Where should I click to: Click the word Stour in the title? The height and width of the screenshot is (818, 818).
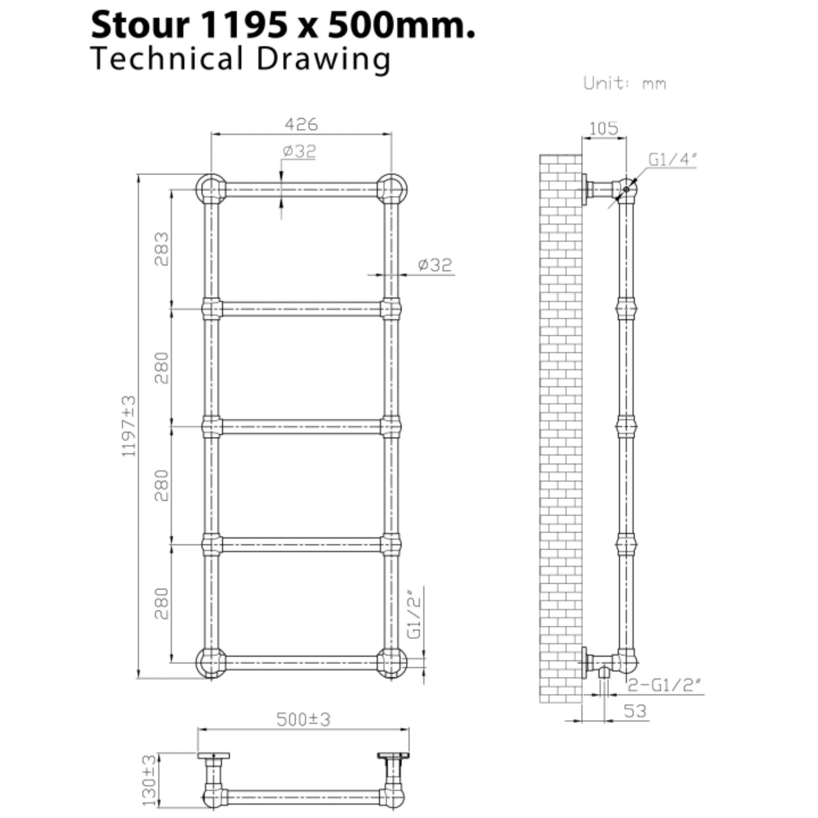click(140, 25)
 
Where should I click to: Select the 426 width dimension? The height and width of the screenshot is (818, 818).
click(301, 124)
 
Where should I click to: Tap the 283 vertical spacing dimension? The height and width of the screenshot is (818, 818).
click(162, 249)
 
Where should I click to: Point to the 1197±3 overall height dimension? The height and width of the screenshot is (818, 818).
click(129, 426)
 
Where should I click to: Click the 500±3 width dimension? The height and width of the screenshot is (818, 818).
click(303, 719)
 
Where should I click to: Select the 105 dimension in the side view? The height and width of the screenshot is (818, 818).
click(604, 128)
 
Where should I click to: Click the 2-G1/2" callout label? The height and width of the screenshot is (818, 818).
click(664, 685)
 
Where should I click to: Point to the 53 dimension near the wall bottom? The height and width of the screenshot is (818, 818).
click(635, 711)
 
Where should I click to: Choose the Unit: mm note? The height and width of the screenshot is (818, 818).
click(625, 83)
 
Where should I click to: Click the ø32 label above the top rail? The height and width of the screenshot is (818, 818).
click(299, 151)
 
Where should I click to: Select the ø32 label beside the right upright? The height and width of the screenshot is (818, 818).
click(435, 265)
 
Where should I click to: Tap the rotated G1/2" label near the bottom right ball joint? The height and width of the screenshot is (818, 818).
click(414, 613)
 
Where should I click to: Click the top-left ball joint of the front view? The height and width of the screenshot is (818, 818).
click(211, 189)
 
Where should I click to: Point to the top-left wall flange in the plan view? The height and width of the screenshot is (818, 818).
click(213, 756)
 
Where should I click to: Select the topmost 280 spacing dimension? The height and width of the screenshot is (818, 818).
click(162, 368)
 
